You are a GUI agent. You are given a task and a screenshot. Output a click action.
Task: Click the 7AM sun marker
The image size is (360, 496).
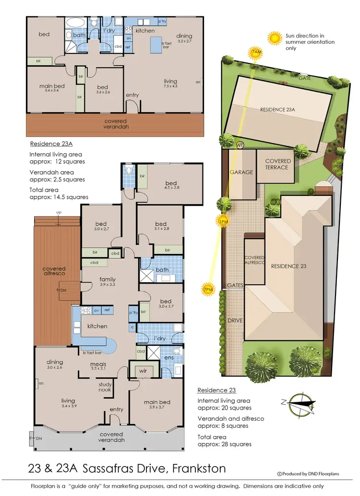pyautogui.click(x=256, y=52)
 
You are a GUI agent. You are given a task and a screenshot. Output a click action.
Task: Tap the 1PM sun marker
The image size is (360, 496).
pyautogui.click(x=223, y=221)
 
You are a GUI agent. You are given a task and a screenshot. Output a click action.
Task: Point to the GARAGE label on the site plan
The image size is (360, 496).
pyautogui.click(x=241, y=172)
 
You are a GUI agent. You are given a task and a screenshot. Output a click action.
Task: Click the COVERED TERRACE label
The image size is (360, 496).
pyautogui.click(x=277, y=164)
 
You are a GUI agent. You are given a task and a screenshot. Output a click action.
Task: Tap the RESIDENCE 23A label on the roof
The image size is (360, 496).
pyautogui.click(x=277, y=109)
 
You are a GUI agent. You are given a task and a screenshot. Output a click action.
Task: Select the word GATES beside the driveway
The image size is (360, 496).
pyautogui.click(x=236, y=285)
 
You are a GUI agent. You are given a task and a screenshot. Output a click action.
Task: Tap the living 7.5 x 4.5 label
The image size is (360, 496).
pyautogui.click(x=170, y=84)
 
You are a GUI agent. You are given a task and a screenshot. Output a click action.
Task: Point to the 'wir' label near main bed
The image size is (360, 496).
pyautogui.click(x=143, y=371)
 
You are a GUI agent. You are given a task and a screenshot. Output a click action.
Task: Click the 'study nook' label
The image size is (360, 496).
pyautogui.click(x=105, y=387)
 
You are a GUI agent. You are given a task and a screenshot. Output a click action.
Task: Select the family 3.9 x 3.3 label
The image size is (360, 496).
pyautogui.click(x=108, y=282)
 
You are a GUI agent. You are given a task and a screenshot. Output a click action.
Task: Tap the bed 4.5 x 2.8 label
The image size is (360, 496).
pyautogui.click(x=171, y=185)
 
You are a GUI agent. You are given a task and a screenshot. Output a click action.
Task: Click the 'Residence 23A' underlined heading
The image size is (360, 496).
pyautogui.click(x=50, y=144)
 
